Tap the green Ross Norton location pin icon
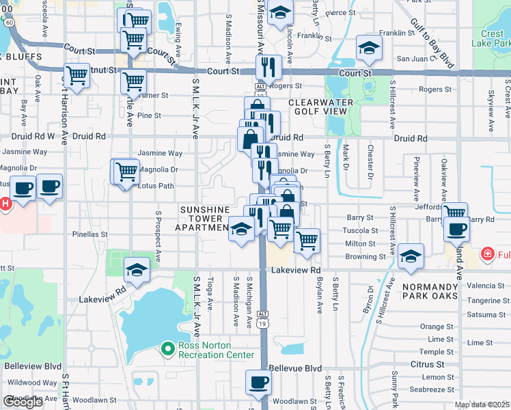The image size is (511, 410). (168, 350)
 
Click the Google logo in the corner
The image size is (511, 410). (23, 402)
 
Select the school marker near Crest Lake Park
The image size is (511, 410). (369, 49)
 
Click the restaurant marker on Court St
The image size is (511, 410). (266, 67)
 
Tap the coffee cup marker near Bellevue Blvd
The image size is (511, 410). (258, 382)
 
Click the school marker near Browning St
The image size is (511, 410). (411, 256)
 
